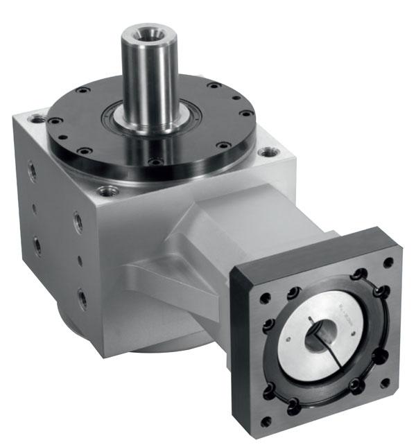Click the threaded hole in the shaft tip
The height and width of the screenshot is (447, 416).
pyautogui.click(x=146, y=33)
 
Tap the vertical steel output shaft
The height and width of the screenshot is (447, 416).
pyautogui.click(x=146, y=76)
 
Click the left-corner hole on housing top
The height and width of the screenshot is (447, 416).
pyautogui.click(x=37, y=119)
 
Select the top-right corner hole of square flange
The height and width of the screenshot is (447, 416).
pyautogui.click(x=388, y=262)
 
